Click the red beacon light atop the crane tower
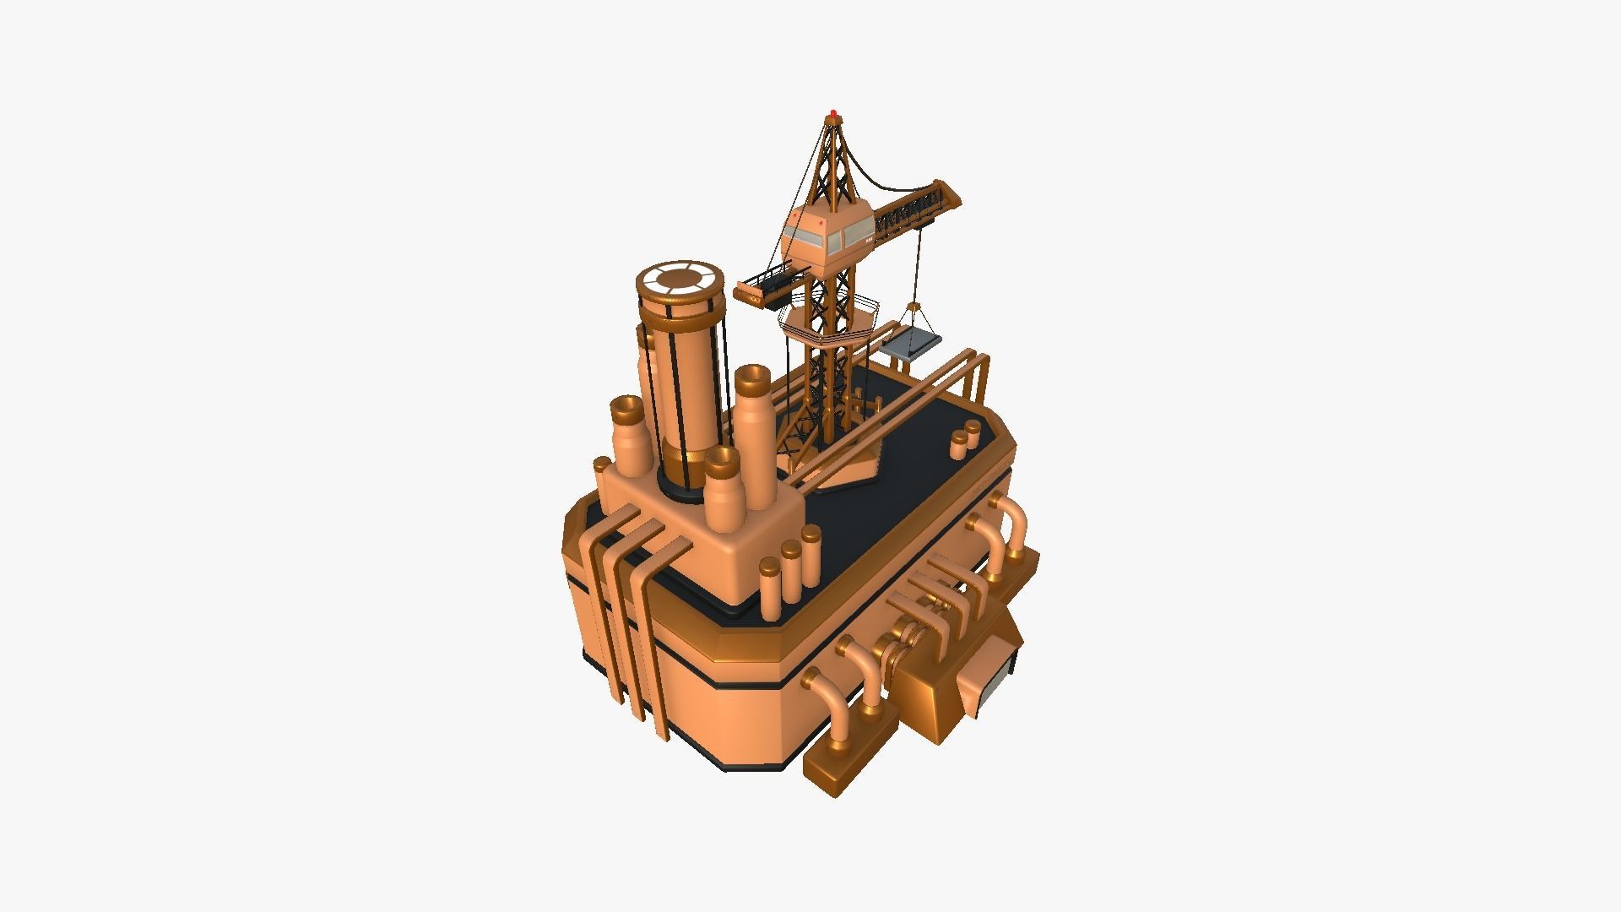pos(833,112)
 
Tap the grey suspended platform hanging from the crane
pos(911,345)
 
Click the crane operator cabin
pos(826,231)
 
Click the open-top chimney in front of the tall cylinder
pos(724,490)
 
